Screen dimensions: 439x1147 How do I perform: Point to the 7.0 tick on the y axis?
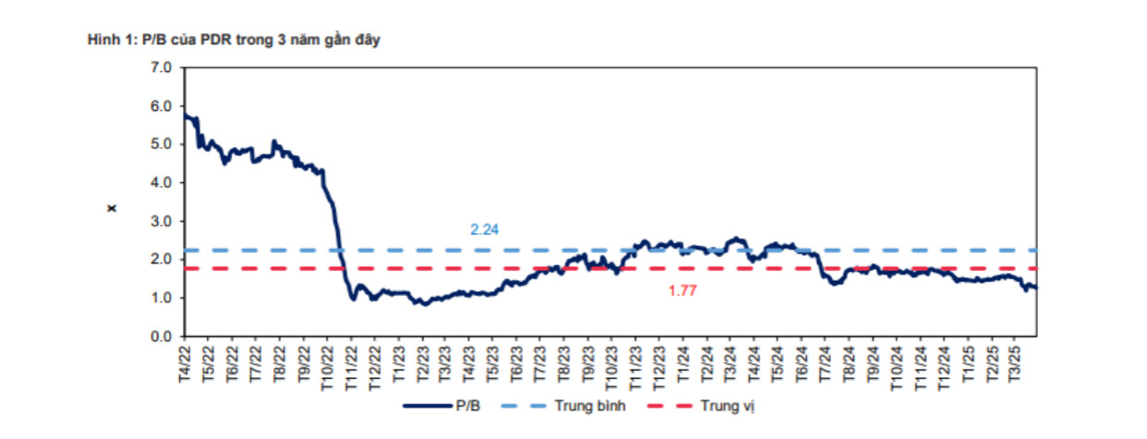[x=163, y=67]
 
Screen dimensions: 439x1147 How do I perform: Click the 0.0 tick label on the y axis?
[x=163, y=336]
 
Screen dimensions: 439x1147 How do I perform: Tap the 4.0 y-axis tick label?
[x=163, y=183]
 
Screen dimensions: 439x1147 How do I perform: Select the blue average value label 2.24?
[x=484, y=230]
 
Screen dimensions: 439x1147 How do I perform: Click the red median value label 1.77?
[x=682, y=290]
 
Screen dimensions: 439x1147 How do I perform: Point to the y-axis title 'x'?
[x=112, y=207]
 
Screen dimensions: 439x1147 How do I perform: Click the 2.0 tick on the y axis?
[x=163, y=260]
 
